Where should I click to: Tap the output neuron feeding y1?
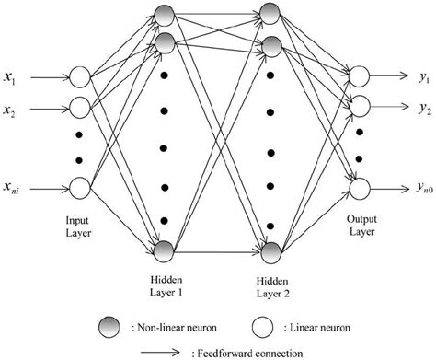[x=358, y=75]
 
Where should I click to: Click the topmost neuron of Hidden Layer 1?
[x=165, y=14]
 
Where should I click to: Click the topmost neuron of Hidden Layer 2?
[x=271, y=14]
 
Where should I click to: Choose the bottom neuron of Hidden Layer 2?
[x=271, y=249]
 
